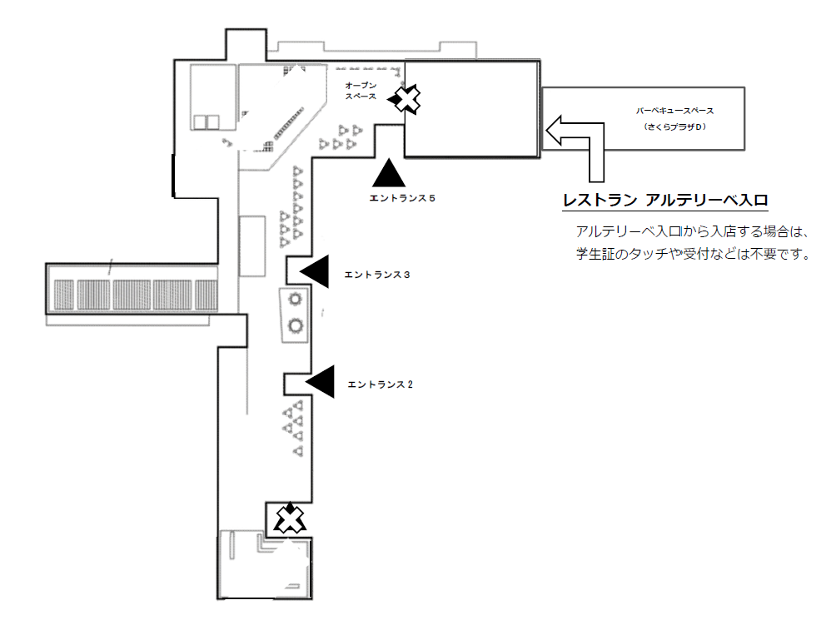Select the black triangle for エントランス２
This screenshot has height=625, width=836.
coord(320,381)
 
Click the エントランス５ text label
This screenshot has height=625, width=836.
coord(402,198)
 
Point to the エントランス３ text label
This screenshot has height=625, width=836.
coord(377,275)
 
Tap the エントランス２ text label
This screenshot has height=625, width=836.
coord(381,384)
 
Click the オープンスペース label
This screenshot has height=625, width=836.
coord(361,91)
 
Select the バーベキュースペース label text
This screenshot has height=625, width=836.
coord(674,111)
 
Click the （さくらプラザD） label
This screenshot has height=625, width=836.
coord(674,126)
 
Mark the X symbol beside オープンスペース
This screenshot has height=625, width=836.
coord(407,98)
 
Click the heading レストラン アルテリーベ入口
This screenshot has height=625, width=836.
coord(664,201)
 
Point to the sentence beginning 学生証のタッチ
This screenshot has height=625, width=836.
coord(693,254)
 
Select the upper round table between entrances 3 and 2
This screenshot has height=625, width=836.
coord(295,299)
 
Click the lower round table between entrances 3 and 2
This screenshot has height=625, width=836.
coord(295,325)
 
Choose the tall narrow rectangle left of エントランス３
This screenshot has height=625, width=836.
coord(252,246)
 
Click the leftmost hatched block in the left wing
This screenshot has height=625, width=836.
coord(64,295)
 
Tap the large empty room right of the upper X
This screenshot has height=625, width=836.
coord(471,109)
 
